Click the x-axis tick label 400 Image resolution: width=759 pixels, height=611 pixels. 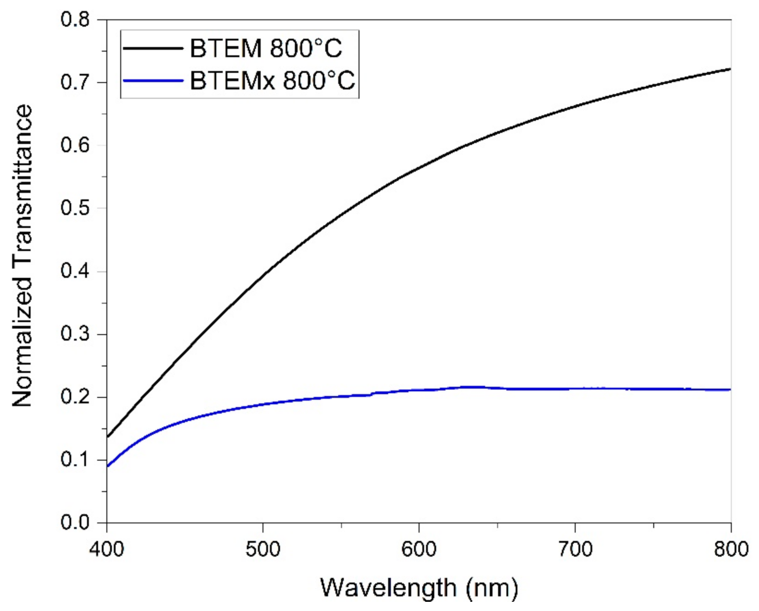(107, 550)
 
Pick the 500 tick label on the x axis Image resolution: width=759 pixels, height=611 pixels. (262, 550)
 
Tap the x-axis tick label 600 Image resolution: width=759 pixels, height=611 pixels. (419, 550)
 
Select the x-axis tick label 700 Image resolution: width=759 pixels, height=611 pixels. (575, 550)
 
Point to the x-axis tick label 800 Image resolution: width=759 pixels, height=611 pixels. (730, 550)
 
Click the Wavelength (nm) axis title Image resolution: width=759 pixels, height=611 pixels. (419, 588)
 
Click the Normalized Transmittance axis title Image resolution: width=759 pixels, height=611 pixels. (22, 256)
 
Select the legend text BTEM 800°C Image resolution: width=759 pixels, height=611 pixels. (266, 48)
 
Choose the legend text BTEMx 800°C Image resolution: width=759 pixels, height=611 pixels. (273, 80)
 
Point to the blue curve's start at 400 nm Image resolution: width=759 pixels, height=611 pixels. (107, 466)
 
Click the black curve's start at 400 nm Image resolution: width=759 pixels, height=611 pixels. (107, 437)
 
